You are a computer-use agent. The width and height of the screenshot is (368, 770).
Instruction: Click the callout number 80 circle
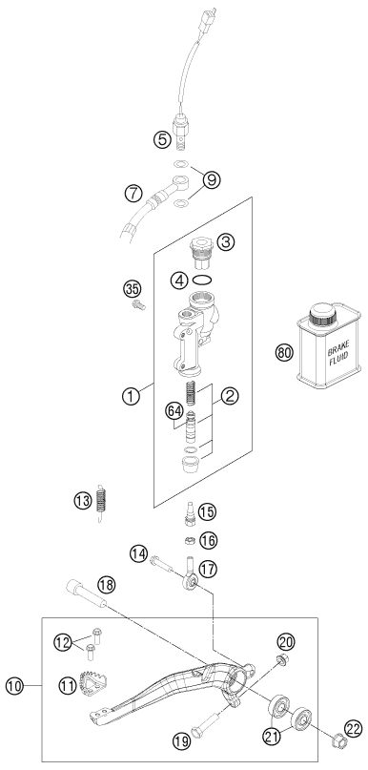[x=284, y=353]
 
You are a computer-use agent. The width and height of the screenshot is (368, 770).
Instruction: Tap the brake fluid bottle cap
[x=322, y=313]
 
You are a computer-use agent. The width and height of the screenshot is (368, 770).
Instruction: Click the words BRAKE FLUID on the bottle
[x=337, y=354]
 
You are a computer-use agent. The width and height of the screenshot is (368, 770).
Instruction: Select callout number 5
[x=162, y=140]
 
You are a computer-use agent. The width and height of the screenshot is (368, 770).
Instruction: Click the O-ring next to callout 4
[x=202, y=281]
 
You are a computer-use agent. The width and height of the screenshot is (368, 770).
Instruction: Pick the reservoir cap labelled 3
[x=200, y=253]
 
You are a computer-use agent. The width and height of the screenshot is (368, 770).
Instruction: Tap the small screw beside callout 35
[x=139, y=306]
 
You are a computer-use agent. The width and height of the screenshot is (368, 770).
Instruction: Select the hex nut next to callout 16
[x=191, y=541]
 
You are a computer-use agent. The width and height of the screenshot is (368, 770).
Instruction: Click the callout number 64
[x=173, y=411]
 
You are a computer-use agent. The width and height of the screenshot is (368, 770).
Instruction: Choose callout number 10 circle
[x=15, y=686]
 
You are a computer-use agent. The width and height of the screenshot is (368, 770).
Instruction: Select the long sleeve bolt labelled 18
[x=87, y=593]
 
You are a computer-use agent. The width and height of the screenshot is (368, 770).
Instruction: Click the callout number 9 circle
[x=212, y=180]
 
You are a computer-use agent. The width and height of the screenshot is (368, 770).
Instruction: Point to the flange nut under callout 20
[x=282, y=659]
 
